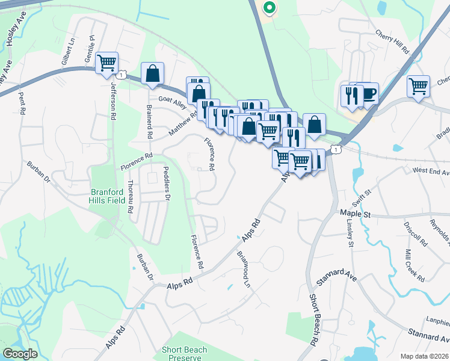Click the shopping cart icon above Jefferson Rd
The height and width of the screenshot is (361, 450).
click(x=106, y=62)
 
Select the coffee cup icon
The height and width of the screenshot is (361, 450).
click(x=368, y=93)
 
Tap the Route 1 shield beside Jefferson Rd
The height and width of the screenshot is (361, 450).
click(x=122, y=75)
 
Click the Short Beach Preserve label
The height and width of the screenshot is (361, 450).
click(x=184, y=353)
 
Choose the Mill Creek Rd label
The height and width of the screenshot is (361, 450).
click(x=415, y=265)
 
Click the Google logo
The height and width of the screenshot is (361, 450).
click(x=20, y=354)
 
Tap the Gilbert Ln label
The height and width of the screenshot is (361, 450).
click(x=66, y=54)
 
